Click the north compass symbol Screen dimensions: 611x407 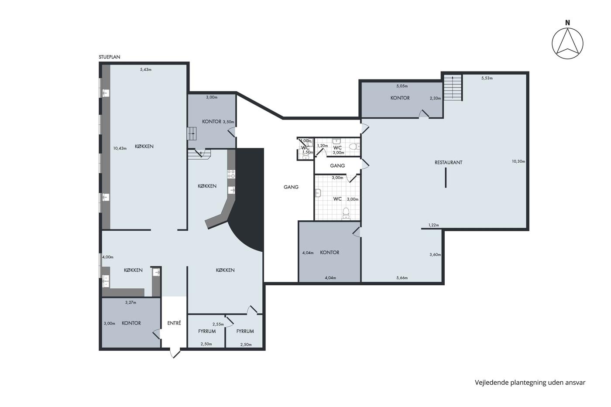coord(567,43)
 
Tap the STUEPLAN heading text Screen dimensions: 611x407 coord(110,57)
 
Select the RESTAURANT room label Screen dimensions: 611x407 coord(449,162)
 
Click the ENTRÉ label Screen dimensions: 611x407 coord(174,323)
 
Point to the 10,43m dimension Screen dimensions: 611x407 coord(120,148)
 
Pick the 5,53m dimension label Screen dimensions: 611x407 coord(487,78)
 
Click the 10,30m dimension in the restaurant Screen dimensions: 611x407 coord(518,161)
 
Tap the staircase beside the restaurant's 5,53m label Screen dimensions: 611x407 coord(453,88)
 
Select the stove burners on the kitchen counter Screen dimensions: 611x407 coord(231,174)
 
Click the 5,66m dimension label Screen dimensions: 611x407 coord(402,278)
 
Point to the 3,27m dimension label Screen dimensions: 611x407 coord(130,302)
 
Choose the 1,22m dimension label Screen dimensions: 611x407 coord(433,225)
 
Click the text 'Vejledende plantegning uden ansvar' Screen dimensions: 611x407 coord(530,383)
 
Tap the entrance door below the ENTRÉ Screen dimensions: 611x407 coord(175,353)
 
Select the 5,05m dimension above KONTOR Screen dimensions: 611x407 coord(402,86)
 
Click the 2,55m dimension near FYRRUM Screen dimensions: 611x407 coord(218,324)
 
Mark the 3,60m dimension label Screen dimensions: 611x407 coord(435,255)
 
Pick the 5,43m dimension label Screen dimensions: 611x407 coord(146,69)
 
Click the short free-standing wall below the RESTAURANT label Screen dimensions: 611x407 coord(446,178)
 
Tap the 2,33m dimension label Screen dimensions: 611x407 coord(436,98)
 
